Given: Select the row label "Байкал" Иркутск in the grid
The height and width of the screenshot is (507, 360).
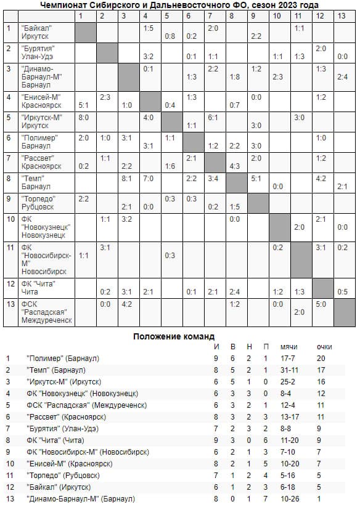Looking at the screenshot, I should point(37,32).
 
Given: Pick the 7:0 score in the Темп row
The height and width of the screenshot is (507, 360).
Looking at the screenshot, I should point(149,178).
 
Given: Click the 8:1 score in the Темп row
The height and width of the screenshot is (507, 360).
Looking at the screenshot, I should point(127,178).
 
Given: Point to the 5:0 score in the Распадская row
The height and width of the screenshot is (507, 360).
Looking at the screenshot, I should point(321,304).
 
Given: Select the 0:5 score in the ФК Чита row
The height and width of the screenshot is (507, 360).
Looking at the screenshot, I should point(343,291).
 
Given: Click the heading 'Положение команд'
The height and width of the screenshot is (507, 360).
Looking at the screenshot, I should point(174,336).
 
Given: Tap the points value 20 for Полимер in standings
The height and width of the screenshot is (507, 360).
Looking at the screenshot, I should point(321,358).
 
